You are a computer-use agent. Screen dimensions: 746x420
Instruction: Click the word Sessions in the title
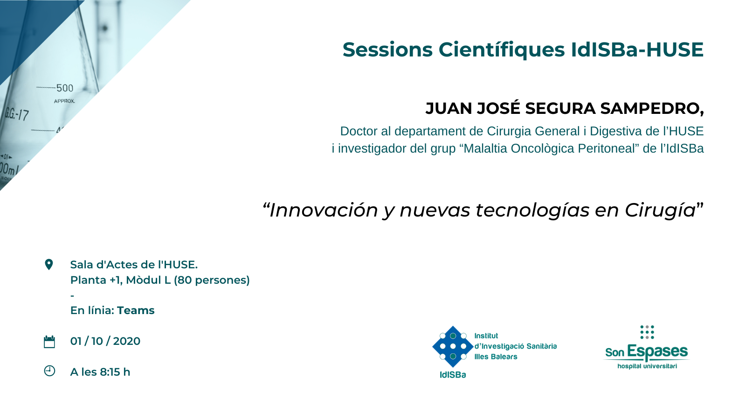coord(387,49)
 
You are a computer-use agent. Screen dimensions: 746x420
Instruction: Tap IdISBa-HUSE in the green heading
coord(637,49)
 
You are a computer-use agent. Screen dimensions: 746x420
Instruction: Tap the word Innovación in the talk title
coord(324,210)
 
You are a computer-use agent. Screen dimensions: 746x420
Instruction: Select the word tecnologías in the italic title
coord(532,210)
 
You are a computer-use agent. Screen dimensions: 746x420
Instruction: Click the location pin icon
coord(48,265)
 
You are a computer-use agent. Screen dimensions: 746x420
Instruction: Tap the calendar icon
coord(49,342)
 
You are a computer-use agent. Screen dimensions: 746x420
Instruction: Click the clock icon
coord(49,371)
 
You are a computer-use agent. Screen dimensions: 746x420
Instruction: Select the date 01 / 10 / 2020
coord(105,341)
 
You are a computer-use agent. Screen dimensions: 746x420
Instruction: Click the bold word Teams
coord(136,310)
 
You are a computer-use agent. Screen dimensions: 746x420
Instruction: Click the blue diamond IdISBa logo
coord(453,347)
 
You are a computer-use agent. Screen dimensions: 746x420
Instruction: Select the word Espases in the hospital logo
coord(657,352)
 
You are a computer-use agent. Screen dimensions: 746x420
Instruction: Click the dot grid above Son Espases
coord(647,332)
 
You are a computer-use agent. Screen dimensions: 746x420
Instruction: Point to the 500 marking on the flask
coord(65,88)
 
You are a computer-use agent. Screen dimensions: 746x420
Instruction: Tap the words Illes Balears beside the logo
coord(496,357)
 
